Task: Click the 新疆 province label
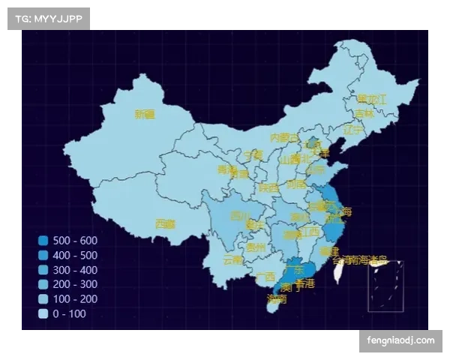(144, 114)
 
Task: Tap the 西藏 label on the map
(165, 223)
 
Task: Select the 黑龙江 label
(371, 99)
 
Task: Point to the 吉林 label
(364, 113)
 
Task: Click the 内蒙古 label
(284, 137)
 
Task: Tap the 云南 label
(232, 259)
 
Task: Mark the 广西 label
(265, 276)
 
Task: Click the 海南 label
(276, 298)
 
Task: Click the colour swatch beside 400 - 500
(43, 256)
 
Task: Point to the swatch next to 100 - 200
(43, 299)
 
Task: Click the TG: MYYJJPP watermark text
(48, 18)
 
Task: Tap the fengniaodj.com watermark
(400, 340)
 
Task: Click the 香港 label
(304, 284)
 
